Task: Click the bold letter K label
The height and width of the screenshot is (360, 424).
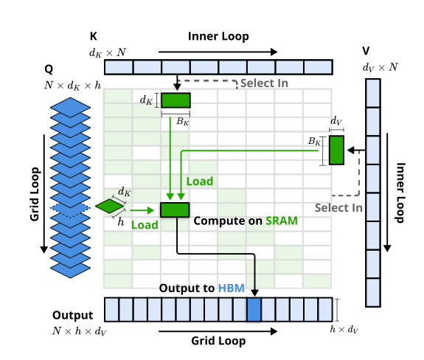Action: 94,36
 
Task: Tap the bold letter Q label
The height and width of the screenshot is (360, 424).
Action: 49,69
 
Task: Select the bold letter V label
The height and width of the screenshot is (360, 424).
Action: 366,51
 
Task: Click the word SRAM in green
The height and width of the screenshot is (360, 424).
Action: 282,221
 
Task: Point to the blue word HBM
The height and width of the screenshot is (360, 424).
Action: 232,288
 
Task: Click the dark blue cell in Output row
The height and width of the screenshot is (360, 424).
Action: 254,310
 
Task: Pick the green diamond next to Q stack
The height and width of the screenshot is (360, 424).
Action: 110,206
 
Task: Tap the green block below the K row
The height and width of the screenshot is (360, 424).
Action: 175,100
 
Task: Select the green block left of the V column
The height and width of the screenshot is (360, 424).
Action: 336,150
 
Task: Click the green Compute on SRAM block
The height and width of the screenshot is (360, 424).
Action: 175,210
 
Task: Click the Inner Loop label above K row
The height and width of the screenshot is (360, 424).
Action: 218,36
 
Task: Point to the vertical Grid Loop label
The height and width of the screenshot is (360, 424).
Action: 35,194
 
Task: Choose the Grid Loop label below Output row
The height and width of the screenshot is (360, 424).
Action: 218,341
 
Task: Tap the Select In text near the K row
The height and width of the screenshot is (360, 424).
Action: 264,83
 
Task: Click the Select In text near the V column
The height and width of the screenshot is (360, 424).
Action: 338,208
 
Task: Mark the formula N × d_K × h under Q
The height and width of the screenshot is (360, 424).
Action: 73,86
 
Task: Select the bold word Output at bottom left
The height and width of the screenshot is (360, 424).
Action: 73,315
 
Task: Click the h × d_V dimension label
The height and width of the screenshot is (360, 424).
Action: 344,330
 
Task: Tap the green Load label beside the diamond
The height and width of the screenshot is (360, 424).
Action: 145,225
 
